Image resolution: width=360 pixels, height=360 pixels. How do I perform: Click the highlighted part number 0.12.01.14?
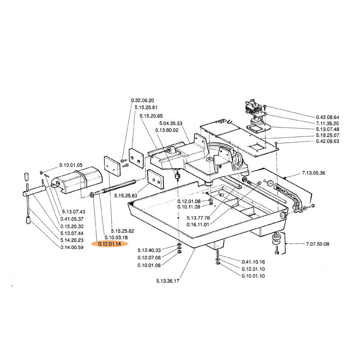click(x=109, y=243)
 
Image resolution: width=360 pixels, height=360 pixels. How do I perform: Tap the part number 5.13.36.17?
click(x=168, y=281)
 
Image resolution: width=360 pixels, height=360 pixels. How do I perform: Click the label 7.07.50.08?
click(x=317, y=244)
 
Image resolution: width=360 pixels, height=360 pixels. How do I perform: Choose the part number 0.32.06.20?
click(x=143, y=100)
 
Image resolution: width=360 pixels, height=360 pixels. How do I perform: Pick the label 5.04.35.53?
click(x=171, y=123)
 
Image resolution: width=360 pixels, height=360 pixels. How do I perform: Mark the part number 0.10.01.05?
click(x=71, y=165)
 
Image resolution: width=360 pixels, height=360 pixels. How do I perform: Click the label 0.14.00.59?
click(x=72, y=247)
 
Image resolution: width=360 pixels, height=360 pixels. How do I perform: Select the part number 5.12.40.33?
click(x=149, y=249)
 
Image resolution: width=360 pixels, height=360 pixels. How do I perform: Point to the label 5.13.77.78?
click(x=198, y=218)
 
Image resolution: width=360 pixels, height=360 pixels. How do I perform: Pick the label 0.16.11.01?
click(x=198, y=224)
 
